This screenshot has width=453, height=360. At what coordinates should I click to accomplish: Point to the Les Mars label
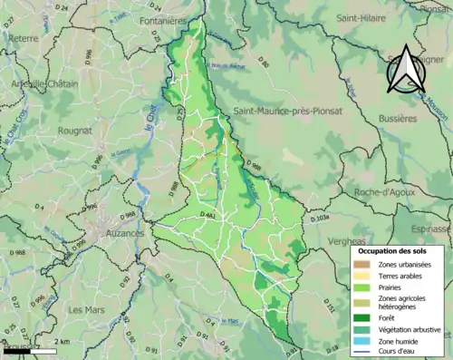pyautogui.click(x=87, y=310)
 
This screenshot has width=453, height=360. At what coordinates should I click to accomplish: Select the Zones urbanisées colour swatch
pyautogui.click(x=363, y=264)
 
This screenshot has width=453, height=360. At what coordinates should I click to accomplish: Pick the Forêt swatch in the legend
pyautogui.click(x=363, y=316)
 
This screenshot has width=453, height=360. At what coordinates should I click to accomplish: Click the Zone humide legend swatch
pyautogui.click(x=363, y=341)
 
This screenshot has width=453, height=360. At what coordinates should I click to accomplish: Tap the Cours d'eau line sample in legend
pyautogui.click(x=363, y=352)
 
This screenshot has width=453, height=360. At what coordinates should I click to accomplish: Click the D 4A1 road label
pyautogui.click(x=207, y=214)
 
